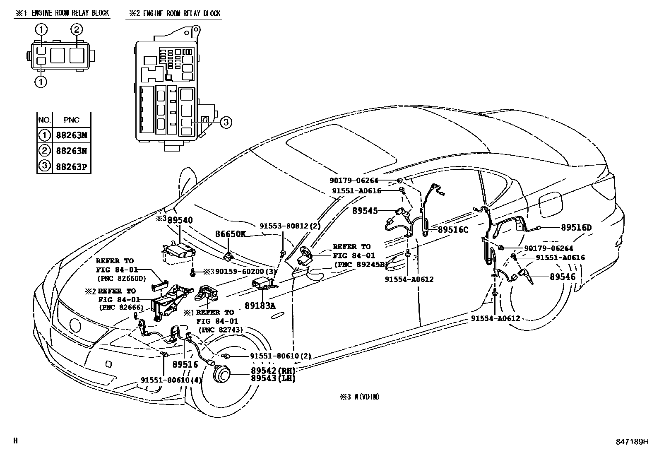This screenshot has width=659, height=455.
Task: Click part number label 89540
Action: coord(180,220)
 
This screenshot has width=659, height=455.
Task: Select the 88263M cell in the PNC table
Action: coord(71,135)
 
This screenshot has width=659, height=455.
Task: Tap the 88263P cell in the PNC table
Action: coord(71,166)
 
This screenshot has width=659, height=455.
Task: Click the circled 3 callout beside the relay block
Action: coord(225,122)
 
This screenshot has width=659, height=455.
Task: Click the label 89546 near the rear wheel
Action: coord(562,277)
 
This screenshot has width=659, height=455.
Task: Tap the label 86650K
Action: coord(230,234)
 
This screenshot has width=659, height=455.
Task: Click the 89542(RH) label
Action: coord(273,371)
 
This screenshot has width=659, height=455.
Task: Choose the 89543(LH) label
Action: coord(273,378)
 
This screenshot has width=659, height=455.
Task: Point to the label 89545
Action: coord(365,211)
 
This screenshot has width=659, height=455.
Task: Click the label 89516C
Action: coord(453,229)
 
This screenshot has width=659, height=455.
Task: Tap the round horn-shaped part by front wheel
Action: coord(221,375)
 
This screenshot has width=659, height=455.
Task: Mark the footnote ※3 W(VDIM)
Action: coord(359,397)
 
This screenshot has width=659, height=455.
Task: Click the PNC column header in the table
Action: coord(71,120)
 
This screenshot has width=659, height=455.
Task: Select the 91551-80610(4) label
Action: coord(171,380)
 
